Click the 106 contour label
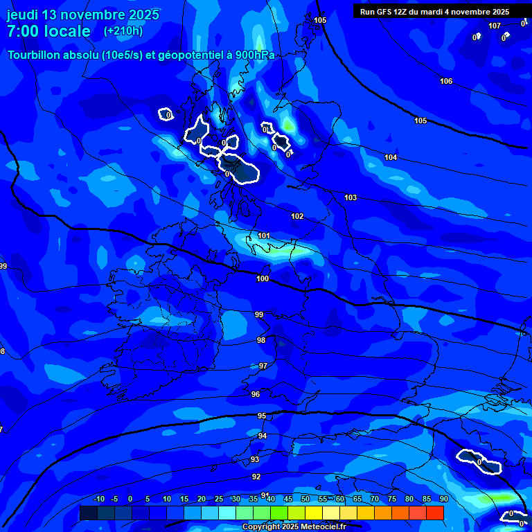[x=446, y=81]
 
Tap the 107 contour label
[x=494, y=26]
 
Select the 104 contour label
[x=391, y=157]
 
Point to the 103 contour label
[x=351, y=197]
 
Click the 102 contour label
[x=297, y=216]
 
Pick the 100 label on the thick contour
[x=263, y=278]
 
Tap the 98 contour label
[x=261, y=340]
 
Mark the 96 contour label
[x=256, y=394]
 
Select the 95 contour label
[x=262, y=416]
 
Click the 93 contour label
[x=255, y=459]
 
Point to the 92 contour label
[x=256, y=477]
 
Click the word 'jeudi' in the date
[x=22, y=15]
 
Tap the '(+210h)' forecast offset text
[x=123, y=30]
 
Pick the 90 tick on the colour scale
[x=443, y=499]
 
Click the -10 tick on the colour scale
[x=99, y=499]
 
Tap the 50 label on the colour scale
[x=305, y=499]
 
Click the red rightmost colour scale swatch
[x=434, y=513]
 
